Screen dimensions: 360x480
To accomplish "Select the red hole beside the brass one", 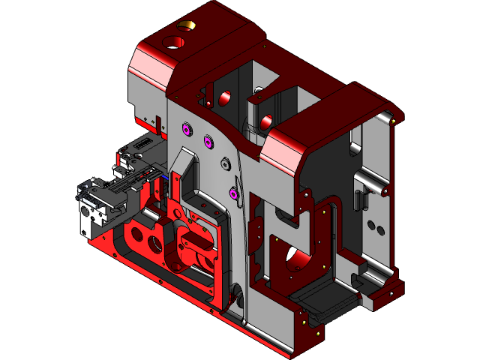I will [172, 40].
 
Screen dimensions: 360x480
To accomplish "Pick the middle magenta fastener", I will [208, 139].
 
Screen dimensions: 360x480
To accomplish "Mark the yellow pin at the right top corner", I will [394, 118].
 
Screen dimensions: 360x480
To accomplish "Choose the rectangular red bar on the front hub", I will [196, 244].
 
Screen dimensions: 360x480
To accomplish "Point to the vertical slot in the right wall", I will [357, 199].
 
